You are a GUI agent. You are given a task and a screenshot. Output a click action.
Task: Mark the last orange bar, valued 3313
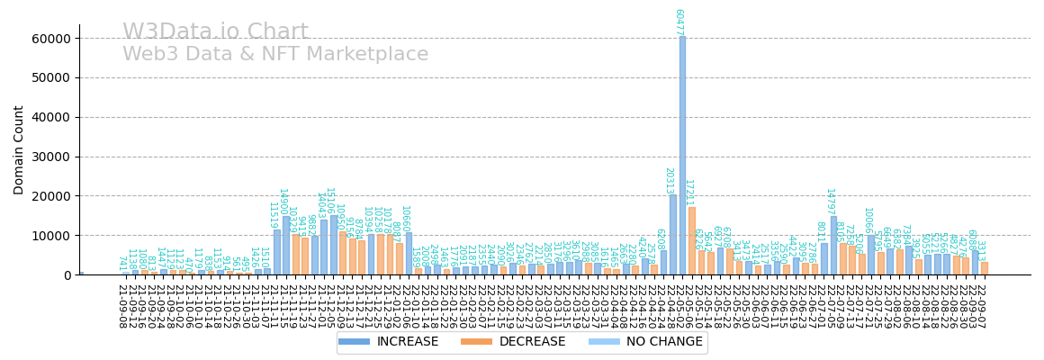pos(985,268)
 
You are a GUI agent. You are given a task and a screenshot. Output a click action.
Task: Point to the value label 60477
pos(679,22)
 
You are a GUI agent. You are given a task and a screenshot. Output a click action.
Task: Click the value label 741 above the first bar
pos(121,263)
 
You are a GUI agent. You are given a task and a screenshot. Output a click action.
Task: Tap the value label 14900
pos(283,201)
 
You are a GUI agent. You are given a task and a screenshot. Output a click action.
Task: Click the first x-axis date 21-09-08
pos(121,306)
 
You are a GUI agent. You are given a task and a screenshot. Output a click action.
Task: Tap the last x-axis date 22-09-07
pos(981,306)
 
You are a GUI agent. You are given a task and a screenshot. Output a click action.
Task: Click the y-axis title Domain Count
pos(19,149)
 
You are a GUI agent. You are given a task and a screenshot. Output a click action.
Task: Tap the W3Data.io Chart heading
pos(215,32)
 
